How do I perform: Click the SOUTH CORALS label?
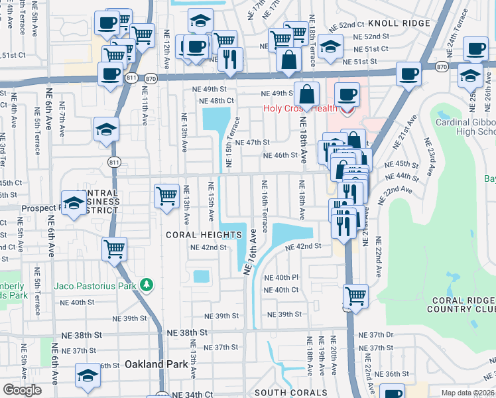[291, 393]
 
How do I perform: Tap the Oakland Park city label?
[151, 364]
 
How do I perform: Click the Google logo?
[22, 390]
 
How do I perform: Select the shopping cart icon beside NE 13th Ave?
[166, 196]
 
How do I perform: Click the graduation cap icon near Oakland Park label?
[88, 375]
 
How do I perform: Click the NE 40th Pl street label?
[281, 277]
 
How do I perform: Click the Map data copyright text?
[468, 393]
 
